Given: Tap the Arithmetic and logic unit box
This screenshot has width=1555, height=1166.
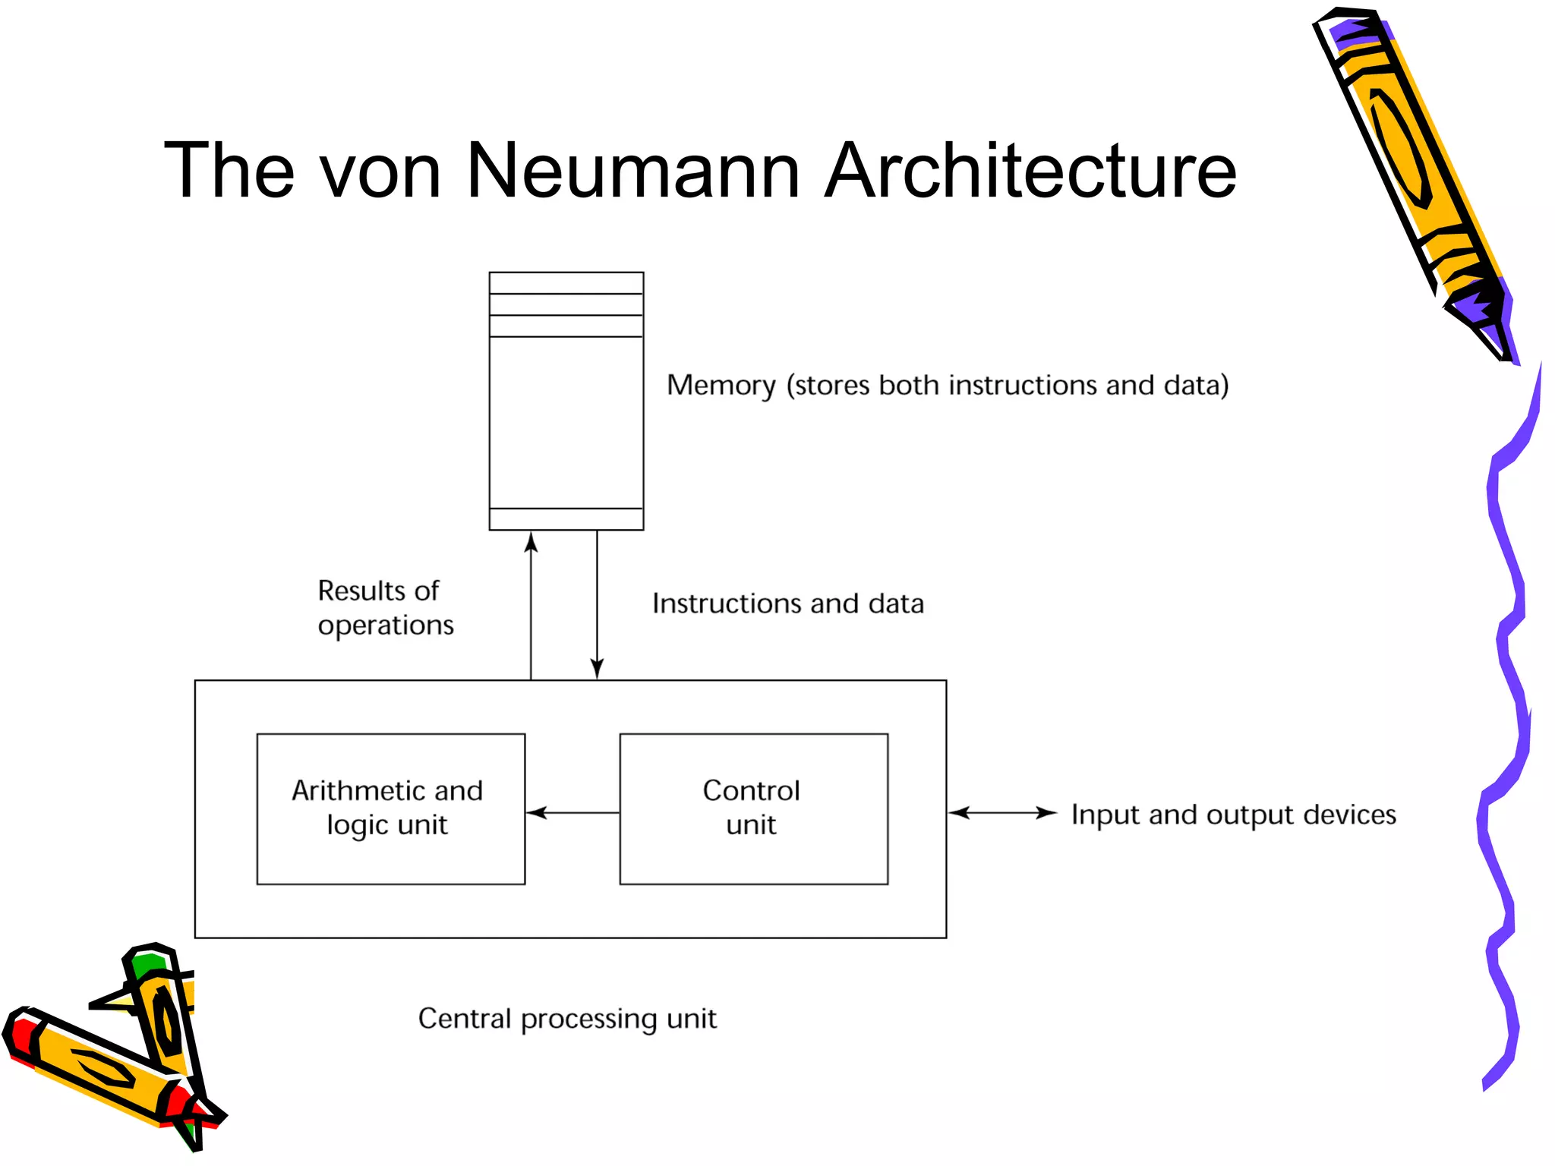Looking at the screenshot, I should click(x=390, y=808).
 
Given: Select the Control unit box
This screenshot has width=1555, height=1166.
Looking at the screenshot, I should click(x=753, y=808).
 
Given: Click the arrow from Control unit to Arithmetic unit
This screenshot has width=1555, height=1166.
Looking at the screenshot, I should click(x=572, y=813).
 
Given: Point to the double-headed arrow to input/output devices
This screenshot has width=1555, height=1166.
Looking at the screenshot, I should click(x=1002, y=813).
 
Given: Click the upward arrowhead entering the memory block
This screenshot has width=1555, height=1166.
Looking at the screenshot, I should click(x=531, y=542).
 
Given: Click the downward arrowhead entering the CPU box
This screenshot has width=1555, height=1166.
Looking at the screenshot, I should click(x=598, y=668).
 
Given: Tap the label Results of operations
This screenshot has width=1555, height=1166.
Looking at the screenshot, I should click(x=385, y=607).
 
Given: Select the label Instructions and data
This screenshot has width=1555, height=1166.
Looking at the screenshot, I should click(x=788, y=603).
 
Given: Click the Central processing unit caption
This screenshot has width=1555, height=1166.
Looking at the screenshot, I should click(x=567, y=1019).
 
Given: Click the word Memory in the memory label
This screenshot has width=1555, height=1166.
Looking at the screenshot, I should click(x=721, y=386).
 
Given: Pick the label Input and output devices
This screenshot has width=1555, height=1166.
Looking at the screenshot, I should click(x=1233, y=815).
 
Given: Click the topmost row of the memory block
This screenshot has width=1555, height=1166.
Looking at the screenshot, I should click(x=566, y=283).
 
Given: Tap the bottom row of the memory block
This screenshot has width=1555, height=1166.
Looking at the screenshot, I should click(x=566, y=519).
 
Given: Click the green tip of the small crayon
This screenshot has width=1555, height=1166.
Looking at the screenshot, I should click(x=147, y=964).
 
